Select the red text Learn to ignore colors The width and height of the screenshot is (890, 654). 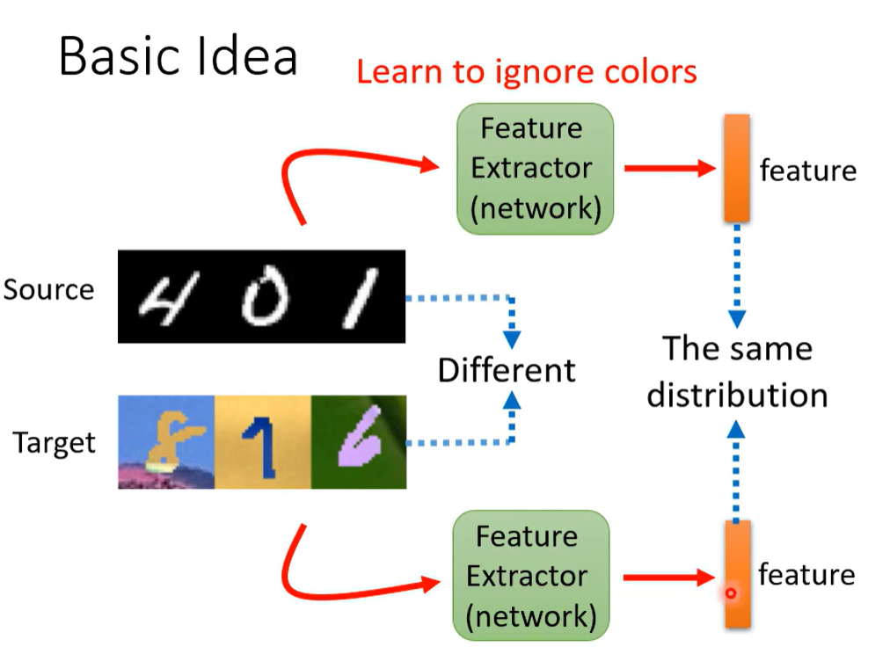coord(526,71)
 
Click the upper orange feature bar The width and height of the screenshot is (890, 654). coord(737,167)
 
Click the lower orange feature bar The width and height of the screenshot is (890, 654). coord(738,573)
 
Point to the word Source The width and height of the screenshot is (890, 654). coord(48,289)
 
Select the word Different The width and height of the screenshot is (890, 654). coord(507,370)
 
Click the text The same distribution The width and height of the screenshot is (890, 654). coord(737,372)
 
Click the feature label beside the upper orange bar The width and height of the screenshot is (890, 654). coord(807,170)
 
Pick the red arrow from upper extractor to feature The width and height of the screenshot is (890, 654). coord(668,168)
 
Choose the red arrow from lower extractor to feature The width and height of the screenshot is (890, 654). coord(667,578)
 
